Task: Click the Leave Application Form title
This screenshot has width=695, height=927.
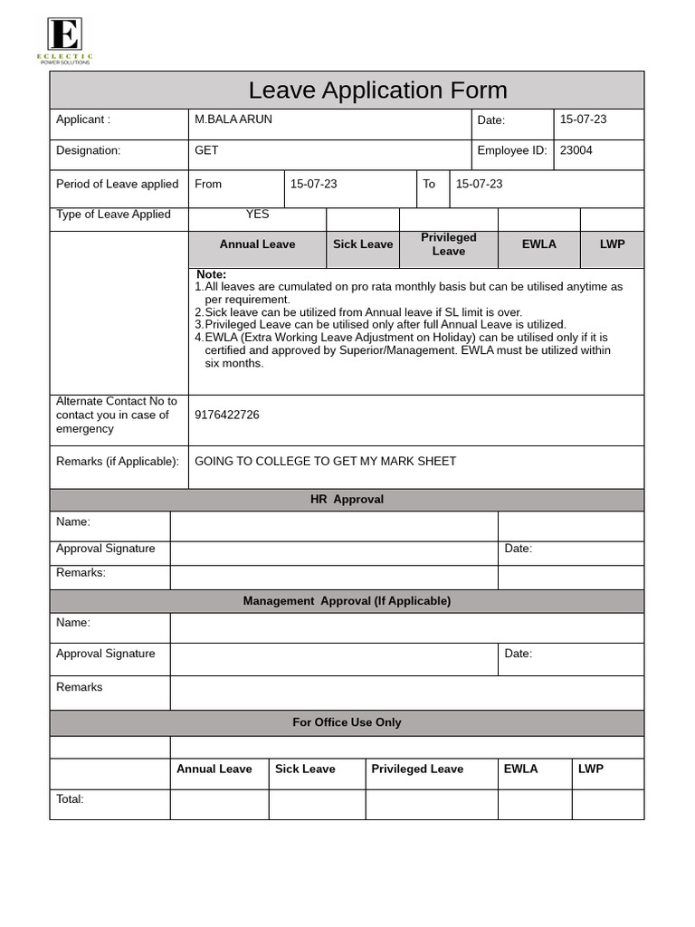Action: [x=377, y=91]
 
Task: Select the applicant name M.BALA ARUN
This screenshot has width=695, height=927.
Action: [x=233, y=119]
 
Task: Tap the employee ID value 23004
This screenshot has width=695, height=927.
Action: [x=576, y=150]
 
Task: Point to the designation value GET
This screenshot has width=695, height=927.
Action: [x=206, y=150]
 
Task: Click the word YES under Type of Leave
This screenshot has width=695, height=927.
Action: [x=257, y=215]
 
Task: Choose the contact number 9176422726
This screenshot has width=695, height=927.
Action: [x=227, y=415]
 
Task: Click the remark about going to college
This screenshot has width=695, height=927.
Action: [x=326, y=462]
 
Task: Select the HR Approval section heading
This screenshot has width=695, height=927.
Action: [x=347, y=500]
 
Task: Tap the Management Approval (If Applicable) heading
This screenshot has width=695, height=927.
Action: [x=347, y=601]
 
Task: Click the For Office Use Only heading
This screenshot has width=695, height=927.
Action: [x=347, y=722]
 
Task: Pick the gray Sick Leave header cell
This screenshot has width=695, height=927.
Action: [x=363, y=244]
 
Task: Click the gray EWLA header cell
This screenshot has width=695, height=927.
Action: [x=539, y=244]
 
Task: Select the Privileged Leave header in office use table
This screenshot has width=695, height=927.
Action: [x=417, y=769]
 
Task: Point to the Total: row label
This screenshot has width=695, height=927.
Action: [x=70, y=799]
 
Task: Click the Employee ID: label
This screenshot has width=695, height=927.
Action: [x=512, y=150]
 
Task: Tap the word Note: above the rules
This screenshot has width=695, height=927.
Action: [x=211, y=274]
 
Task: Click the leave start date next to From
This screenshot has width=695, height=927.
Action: [x=313, y=184]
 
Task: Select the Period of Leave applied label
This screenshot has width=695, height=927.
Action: [x=118, y=184]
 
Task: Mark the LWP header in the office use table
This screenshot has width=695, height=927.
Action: [x=591, y=769]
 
